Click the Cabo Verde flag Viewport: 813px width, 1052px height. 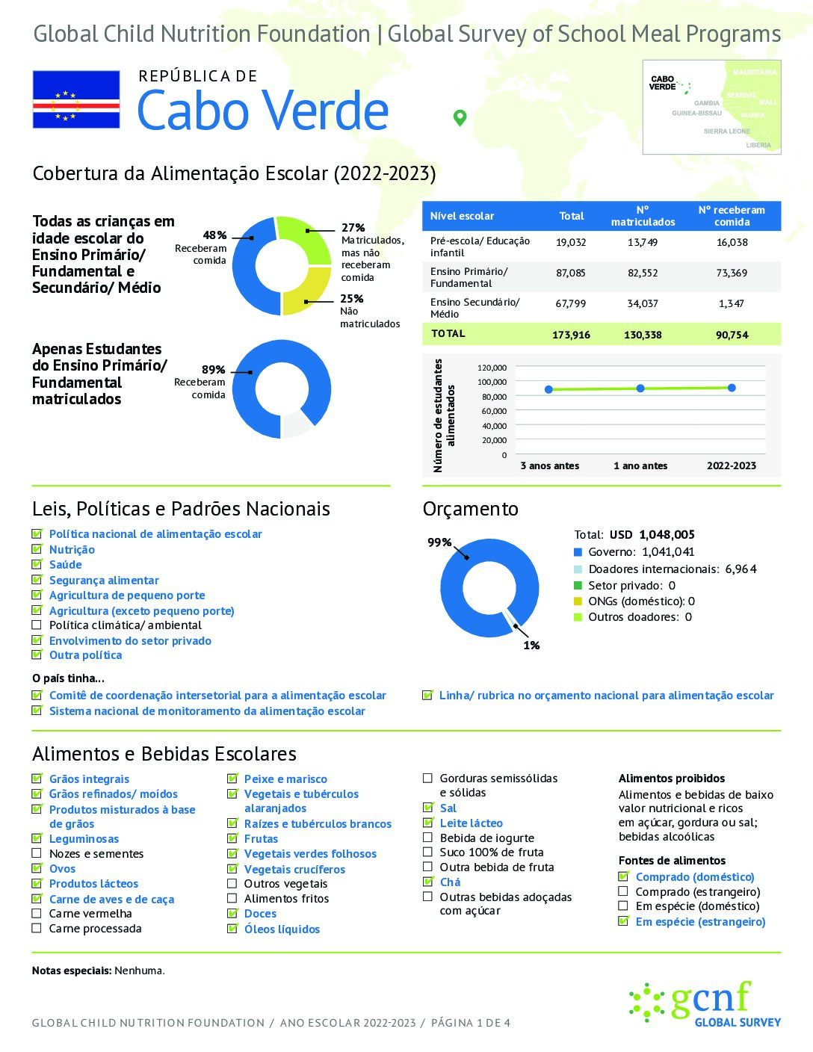[76, 99]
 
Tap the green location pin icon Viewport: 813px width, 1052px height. [460, 117]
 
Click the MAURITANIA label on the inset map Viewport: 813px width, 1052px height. [754, 72]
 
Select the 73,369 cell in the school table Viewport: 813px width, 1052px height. [732, 273]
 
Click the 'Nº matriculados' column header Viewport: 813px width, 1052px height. [643, 216]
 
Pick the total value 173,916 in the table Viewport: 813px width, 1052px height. [571, 335]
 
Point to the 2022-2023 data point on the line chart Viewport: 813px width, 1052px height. [732, 388]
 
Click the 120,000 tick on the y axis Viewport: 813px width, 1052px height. [492, 368]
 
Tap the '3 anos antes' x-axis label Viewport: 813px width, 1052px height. [550, 465]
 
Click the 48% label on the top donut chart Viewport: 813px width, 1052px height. [214, 235]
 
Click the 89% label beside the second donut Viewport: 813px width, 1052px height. [213, 370]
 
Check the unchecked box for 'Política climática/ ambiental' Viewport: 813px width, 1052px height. [37, 625]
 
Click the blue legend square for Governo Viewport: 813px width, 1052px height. [578, 552]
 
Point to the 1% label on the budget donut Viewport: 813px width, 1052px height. [531, 645]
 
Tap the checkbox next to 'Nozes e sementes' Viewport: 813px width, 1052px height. [37, 853]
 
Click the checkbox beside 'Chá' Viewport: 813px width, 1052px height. [428, 882]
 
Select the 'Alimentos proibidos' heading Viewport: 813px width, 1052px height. [672, 779]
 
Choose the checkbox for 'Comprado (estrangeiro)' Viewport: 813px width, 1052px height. [623, 891]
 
